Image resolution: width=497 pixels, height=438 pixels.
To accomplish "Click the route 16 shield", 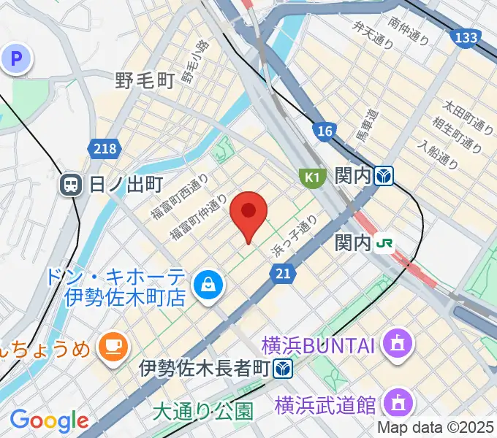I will coord(325,131).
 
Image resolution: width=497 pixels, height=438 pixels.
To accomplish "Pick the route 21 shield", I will coord(283,273).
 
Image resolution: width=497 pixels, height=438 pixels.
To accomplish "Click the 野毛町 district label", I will coord(145,80).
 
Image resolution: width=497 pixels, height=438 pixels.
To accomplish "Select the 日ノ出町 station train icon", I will coord(72,184).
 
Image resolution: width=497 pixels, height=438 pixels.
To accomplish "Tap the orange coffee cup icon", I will coord(112,343).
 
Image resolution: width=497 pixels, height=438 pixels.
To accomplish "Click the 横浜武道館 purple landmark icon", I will coord(400,402).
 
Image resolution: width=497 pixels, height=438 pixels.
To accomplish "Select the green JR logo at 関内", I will coord(384,243).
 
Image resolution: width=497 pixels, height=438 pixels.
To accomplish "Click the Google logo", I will coord(49,420).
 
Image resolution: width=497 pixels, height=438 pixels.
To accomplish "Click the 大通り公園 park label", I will coord(203,412).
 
